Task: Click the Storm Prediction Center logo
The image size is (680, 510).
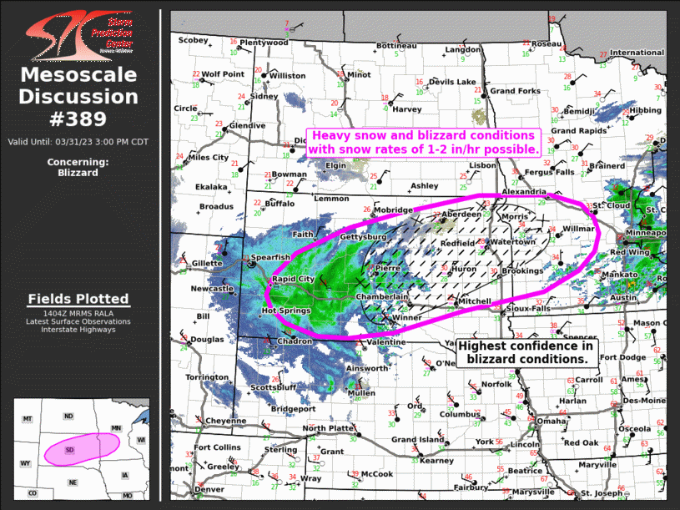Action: coord(78,33)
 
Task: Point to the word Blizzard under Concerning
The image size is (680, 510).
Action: coord(78,173)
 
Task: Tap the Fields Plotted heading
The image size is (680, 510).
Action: coord(78,299)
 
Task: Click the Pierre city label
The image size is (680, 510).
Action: coord(389,268)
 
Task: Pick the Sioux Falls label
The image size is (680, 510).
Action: coord(529,308)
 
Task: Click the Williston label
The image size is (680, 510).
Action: coord(288,76)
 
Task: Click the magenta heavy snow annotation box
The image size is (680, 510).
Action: coord(424,142)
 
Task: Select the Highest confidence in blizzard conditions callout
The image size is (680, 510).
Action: coord(525,351)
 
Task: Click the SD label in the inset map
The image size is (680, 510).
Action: coord(70,450)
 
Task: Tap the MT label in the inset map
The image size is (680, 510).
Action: coord(28,417)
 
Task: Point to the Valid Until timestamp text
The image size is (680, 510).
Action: coord(78,141)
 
